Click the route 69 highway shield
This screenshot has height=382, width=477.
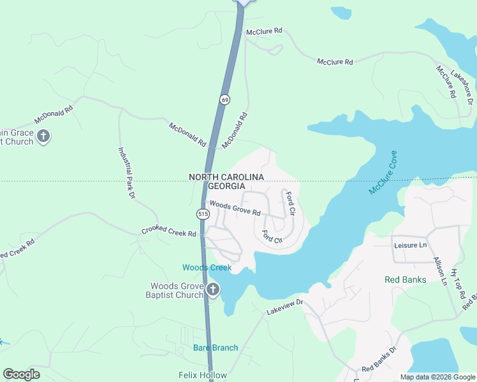click(225, 100)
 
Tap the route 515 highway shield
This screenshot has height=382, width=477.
click(203, 215)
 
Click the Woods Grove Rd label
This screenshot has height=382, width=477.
click(235, 208)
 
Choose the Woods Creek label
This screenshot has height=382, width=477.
click(207, 267)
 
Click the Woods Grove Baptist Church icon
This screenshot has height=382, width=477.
click(213, 291)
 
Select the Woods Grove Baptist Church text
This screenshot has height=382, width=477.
click(176, 290)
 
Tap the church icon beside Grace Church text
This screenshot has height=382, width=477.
click(43, 136)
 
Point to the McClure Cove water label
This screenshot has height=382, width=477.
click(383, 172)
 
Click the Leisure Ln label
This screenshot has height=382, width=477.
click(410, 245)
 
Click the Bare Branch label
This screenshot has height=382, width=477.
click(216, 348)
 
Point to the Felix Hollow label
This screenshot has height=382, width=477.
click(203, 375)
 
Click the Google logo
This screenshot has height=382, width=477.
click(21, 374)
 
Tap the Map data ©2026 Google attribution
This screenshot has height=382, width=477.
click(437, 378)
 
